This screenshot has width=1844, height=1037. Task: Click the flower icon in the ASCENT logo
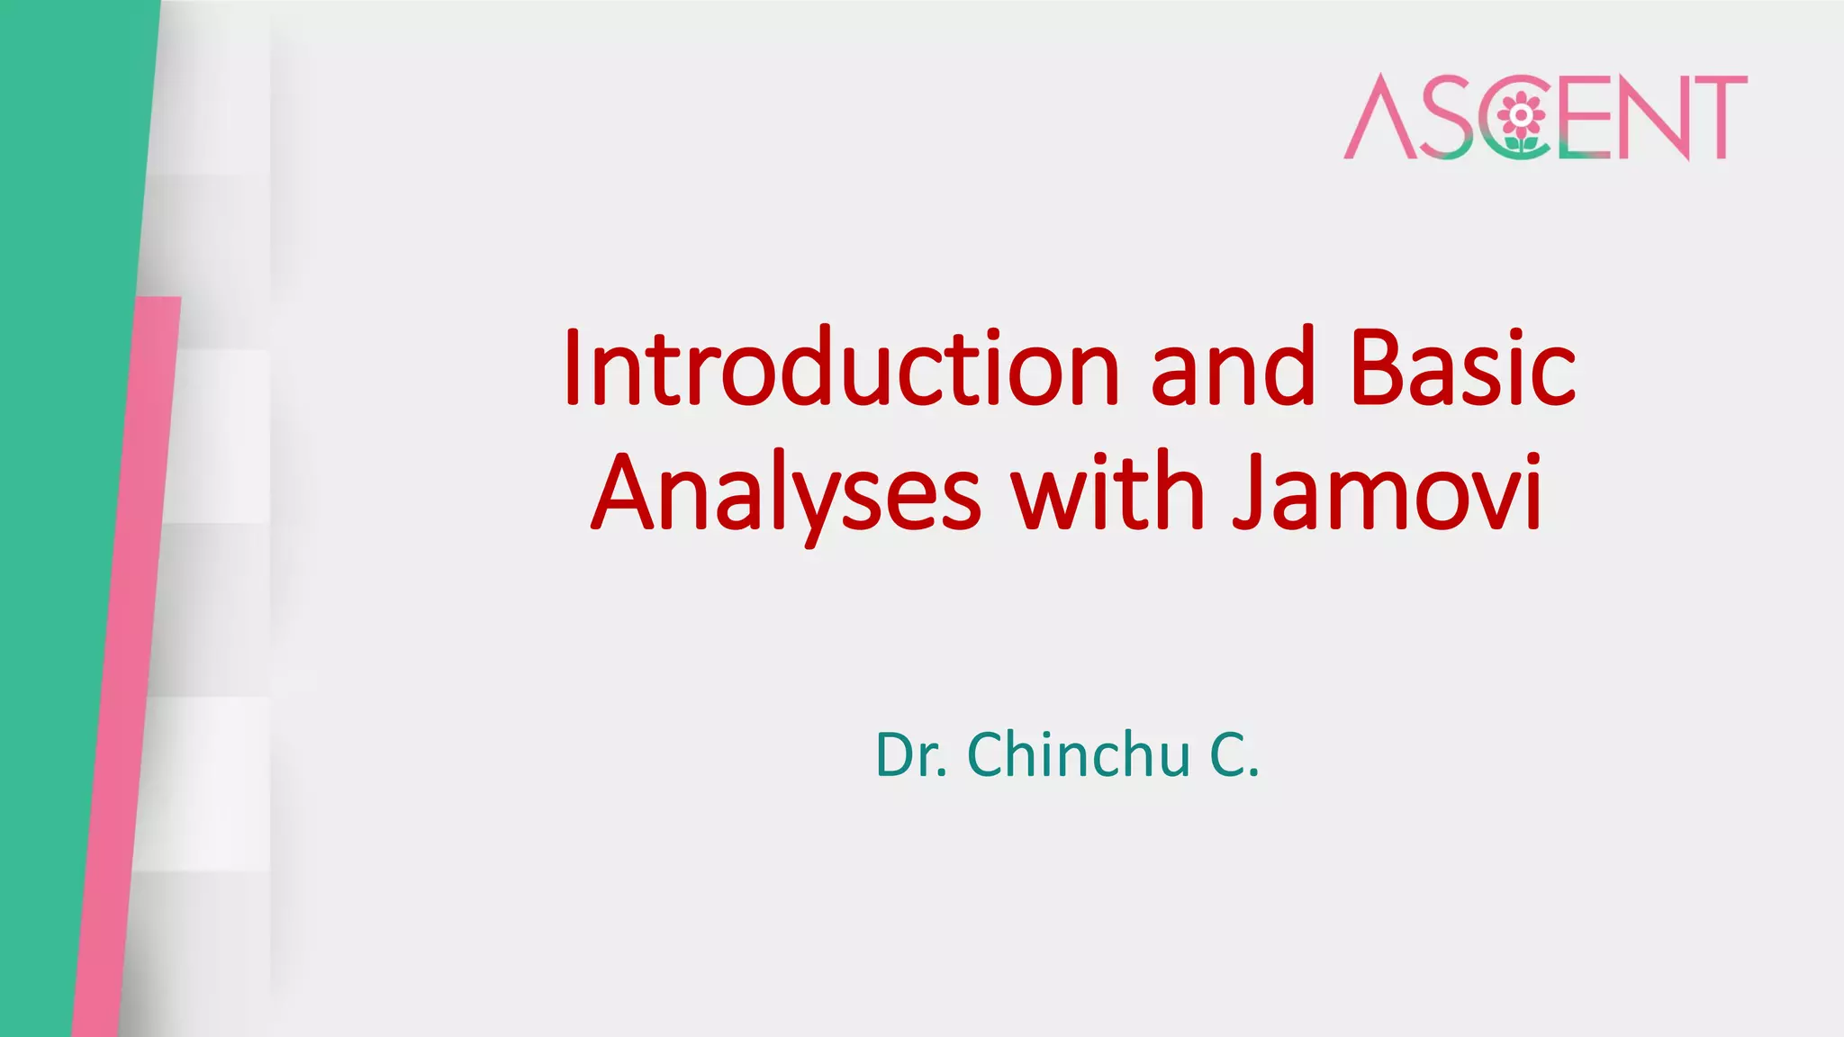pos(1521,115)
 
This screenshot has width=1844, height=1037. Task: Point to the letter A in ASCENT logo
pos(1377,117)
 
